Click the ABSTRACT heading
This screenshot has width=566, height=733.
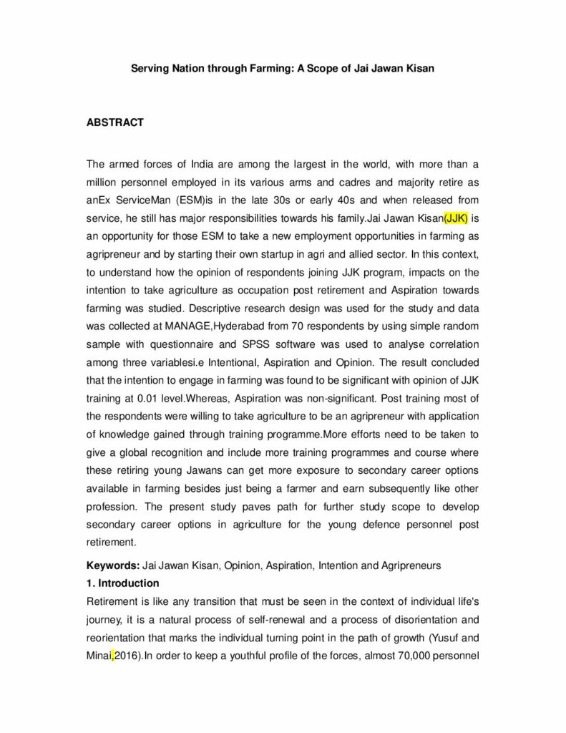point(114,122)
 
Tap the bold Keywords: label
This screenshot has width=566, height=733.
point(113,565)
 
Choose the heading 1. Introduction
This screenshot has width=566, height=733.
point(122,583)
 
